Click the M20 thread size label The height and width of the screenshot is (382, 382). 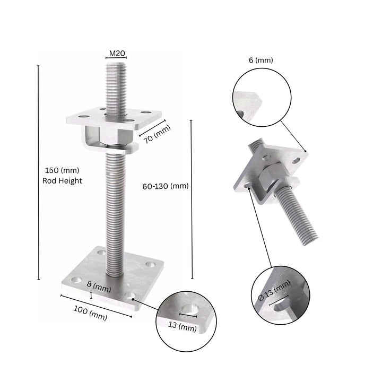pyautogui.click(x=117, y=54)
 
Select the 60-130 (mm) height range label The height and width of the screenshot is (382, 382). pyautogui.click(x=166, y=186)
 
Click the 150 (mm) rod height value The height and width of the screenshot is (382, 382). pyautogui.click(x=61, y=170)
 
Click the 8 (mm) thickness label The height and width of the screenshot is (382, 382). pyautogui.click(x=100, y=289)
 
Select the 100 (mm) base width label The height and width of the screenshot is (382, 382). pyautogui.click(x=90, y=315)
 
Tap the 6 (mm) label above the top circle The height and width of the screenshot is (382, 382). pyautogui.click(x=261, y=60)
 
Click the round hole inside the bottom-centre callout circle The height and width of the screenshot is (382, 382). pyautogui.click(x=189, y=311)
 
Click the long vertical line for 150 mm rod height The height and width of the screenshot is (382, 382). pyautogui.click(x=39, y=172)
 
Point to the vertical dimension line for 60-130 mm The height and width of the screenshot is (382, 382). pyautogui.click(x=191, y=199)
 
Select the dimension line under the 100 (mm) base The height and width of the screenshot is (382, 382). pyautogui.click(x=96, y=306)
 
